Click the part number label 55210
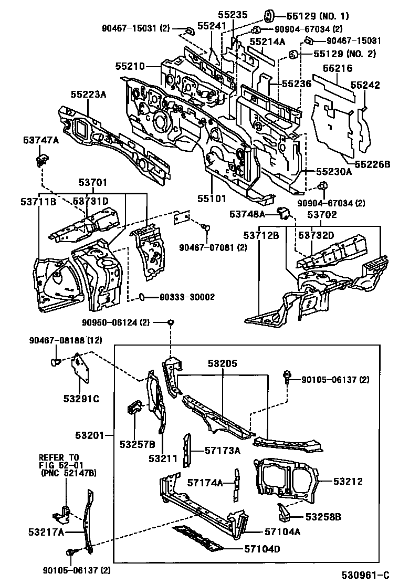click(130, 66)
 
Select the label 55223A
click(89, 94)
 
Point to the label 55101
click(212, 199)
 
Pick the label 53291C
click(81, 399)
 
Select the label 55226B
click(371, 164)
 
